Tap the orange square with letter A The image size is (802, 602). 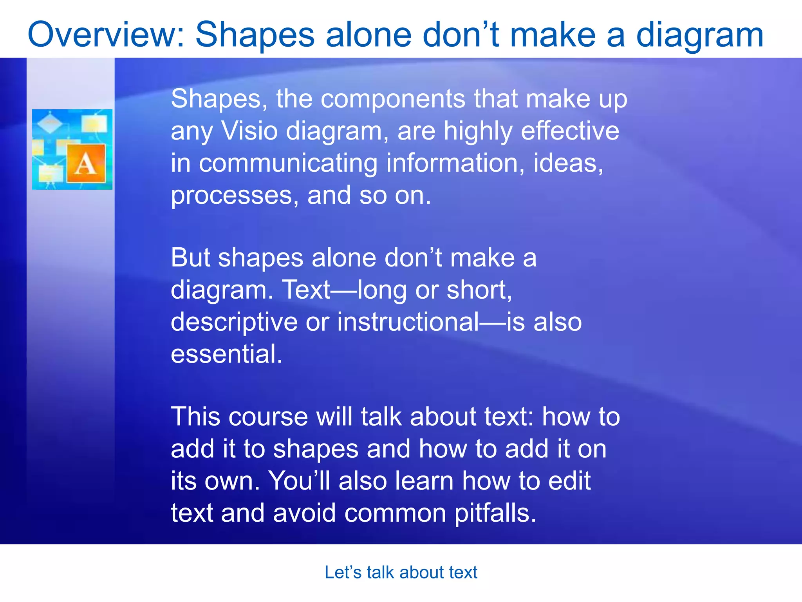tap(86, 163)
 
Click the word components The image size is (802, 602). tap(393, 99)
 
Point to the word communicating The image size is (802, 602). tap(288, 163)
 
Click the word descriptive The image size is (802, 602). tap(234, 323)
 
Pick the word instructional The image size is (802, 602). tap(408, 322)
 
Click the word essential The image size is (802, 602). tap(226, 354)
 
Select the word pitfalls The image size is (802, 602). tap(495, 513)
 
